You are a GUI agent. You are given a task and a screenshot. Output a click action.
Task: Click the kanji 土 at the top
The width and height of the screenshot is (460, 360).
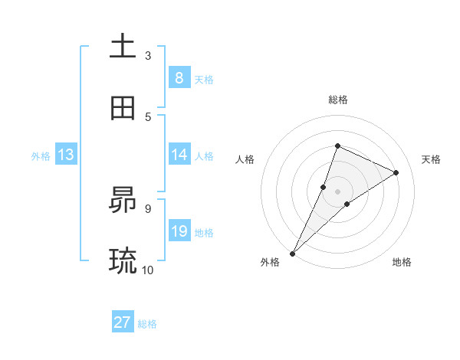(x=123, y=46)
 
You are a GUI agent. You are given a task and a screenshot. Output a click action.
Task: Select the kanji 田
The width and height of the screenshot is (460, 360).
(x=123, y=108)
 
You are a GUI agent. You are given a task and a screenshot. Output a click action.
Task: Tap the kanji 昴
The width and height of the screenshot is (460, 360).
(x=123, y=201)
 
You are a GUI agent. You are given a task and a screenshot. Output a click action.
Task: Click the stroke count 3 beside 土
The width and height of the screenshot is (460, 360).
(x=148, y=55)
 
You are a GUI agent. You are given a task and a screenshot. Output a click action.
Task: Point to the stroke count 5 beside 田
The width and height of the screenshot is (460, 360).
(x=148, y=116)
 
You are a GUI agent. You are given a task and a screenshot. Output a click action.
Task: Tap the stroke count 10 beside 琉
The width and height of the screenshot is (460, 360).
(x=148, y=270)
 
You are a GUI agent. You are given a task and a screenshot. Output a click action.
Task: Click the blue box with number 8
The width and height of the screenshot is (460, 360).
(x=179, y=78)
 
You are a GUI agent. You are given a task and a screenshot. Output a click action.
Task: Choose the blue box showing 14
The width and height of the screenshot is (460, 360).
(x=179, y=155)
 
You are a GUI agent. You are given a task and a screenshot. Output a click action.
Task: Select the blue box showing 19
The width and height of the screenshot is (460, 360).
(x=179, y=231)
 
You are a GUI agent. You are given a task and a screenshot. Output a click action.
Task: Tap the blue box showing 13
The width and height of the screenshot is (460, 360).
(x=66, y=155)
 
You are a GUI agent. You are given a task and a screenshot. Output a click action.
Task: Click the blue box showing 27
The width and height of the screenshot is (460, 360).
(x=123, y=322)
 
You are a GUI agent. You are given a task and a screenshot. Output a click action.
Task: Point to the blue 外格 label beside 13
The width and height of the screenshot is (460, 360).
(x=41, y=155)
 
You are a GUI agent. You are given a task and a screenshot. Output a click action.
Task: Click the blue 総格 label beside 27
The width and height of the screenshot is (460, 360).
(x=147, y=324)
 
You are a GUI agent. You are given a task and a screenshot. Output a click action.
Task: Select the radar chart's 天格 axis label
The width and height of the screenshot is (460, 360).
(x=431, y=159)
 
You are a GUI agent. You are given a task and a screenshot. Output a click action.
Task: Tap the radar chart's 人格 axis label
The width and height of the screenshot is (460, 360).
(x=245, y=159)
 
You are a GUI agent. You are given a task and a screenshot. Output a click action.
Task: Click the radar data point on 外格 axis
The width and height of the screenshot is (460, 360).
(x=292, y=253)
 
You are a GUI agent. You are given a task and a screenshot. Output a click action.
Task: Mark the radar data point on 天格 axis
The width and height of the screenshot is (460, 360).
(x=396, y=172)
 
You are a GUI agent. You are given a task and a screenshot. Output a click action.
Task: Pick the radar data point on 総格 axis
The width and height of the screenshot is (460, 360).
(x=337, y=146)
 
